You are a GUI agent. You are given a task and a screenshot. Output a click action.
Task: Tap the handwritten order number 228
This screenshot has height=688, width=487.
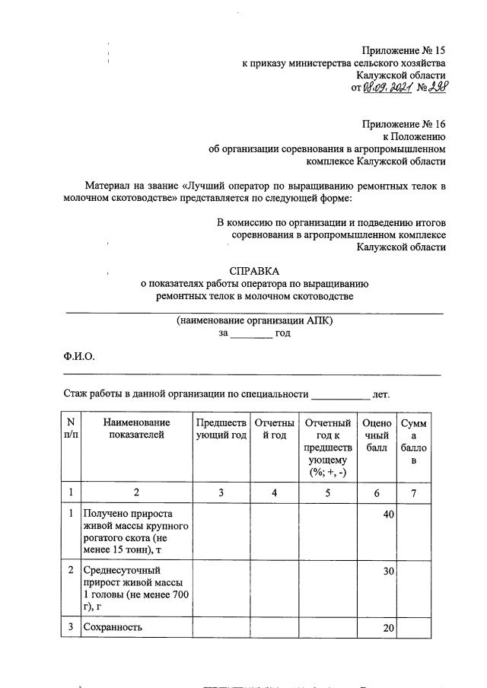435,88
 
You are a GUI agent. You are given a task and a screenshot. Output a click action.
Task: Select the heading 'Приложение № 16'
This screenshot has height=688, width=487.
403,124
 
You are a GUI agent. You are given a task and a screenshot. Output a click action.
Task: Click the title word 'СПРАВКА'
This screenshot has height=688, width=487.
254,271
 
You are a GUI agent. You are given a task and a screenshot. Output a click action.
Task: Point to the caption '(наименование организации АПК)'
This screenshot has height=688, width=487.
254,320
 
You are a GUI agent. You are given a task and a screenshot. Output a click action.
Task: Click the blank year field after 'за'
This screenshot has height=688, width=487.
250,333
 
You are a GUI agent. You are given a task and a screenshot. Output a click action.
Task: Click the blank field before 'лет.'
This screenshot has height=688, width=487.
340,395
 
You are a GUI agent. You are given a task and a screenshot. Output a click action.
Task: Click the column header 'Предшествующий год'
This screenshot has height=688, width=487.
221,428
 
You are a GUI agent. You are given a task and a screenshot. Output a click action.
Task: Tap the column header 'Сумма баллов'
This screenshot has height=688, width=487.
414,441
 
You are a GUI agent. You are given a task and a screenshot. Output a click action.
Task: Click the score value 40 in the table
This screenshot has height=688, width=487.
388,515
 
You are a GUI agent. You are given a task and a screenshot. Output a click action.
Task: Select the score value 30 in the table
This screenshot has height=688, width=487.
388,570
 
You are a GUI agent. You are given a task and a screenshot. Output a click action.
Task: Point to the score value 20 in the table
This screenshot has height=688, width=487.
388,627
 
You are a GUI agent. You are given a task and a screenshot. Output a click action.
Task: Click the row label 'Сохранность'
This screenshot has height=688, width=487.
114,627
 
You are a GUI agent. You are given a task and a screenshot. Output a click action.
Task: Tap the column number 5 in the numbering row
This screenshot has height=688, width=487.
327,492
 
